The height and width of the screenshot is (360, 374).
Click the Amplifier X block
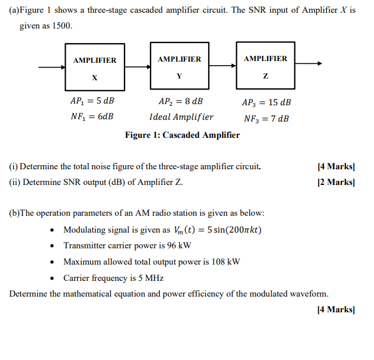(x=94, y=68)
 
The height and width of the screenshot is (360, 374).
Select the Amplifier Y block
(x=179, y=66)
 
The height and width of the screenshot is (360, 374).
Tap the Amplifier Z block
(x=265, y=65)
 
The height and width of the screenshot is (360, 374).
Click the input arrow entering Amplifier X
(x=52, y=67)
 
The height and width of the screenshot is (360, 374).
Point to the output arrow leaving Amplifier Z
(x=308, y=65)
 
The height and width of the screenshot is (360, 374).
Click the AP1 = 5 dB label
(x=92, y=101)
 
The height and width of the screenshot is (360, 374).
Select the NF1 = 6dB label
(x=92, y=116)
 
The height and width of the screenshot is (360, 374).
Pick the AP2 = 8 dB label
(x=181, y=101)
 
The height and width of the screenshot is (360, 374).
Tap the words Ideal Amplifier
(x=181, y=116)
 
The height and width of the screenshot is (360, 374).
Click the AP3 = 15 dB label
(x=266, y=102)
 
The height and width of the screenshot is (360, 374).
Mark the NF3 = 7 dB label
(x=266, y=119)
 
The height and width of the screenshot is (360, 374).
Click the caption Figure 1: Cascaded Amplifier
(x=182, y=135)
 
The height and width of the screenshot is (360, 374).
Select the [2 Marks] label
(x=336, y=182)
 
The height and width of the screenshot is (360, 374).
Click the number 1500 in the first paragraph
(x=62, y=27)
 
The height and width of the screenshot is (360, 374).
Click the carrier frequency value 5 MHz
(x=149, y=278)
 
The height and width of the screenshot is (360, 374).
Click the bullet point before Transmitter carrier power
(x=54, y=246)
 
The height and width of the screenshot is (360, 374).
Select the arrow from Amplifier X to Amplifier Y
(x=137, y=67)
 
